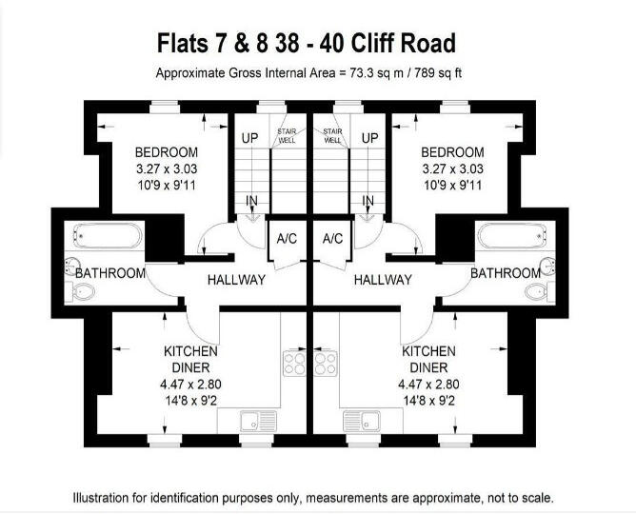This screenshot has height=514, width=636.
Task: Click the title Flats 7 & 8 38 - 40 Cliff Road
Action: (x=307, y=43)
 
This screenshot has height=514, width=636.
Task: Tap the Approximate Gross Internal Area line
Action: (x=308, y=73)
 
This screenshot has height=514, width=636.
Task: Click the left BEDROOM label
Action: (x=166, y=152)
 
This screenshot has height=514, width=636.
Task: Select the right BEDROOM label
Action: (x=451, y=152)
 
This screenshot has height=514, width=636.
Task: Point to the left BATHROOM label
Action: (x=110, y=273)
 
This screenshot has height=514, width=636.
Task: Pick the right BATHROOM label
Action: (x=505, y=273)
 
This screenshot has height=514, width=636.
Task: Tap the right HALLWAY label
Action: (x=383, y=280)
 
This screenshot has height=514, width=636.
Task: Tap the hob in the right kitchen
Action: (x=327, y=364)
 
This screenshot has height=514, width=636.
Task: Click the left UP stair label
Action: (x=249, y=138)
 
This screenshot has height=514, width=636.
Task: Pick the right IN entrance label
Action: (x=367, y=201)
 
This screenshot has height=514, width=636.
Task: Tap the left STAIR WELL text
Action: (x=286, y=135)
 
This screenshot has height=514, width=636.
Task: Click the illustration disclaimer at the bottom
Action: (x=313, y=497)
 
